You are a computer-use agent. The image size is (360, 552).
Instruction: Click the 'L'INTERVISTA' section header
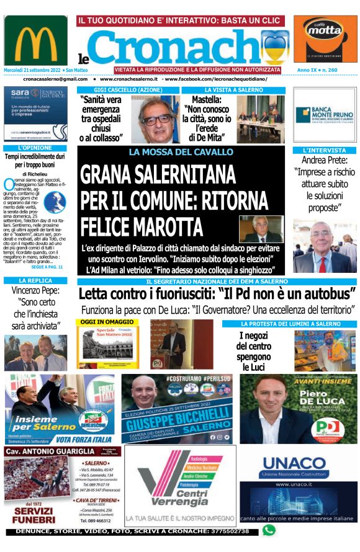(325, 151)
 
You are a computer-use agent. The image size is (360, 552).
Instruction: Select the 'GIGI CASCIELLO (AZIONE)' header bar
(128, 91)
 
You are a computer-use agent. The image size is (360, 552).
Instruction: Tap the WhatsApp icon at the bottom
(268, 530)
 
